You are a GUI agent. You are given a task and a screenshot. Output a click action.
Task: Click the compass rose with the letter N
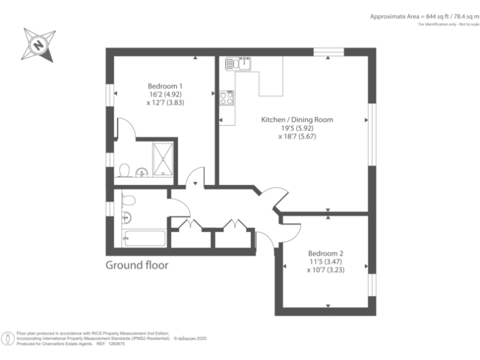[39, 44]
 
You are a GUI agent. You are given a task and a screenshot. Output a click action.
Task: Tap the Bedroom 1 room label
[165, 86]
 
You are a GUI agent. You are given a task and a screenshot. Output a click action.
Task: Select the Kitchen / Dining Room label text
[297, 119]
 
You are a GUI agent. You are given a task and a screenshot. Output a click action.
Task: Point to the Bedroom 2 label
[326, 253]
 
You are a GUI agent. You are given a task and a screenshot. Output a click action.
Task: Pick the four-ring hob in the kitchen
[227, 97]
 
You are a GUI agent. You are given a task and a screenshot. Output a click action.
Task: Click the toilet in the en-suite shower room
[124, 170]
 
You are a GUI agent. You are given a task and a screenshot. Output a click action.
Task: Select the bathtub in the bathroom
[144, 238]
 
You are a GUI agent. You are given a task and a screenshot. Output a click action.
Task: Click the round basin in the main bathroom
[126, 218]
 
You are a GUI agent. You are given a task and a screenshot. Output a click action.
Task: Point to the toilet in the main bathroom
[129, 200]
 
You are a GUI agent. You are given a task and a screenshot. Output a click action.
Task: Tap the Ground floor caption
[136, 265]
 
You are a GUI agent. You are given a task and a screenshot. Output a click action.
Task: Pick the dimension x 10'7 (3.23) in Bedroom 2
[326, 271]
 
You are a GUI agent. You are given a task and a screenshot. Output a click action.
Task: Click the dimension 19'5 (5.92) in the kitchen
[297, 128]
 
